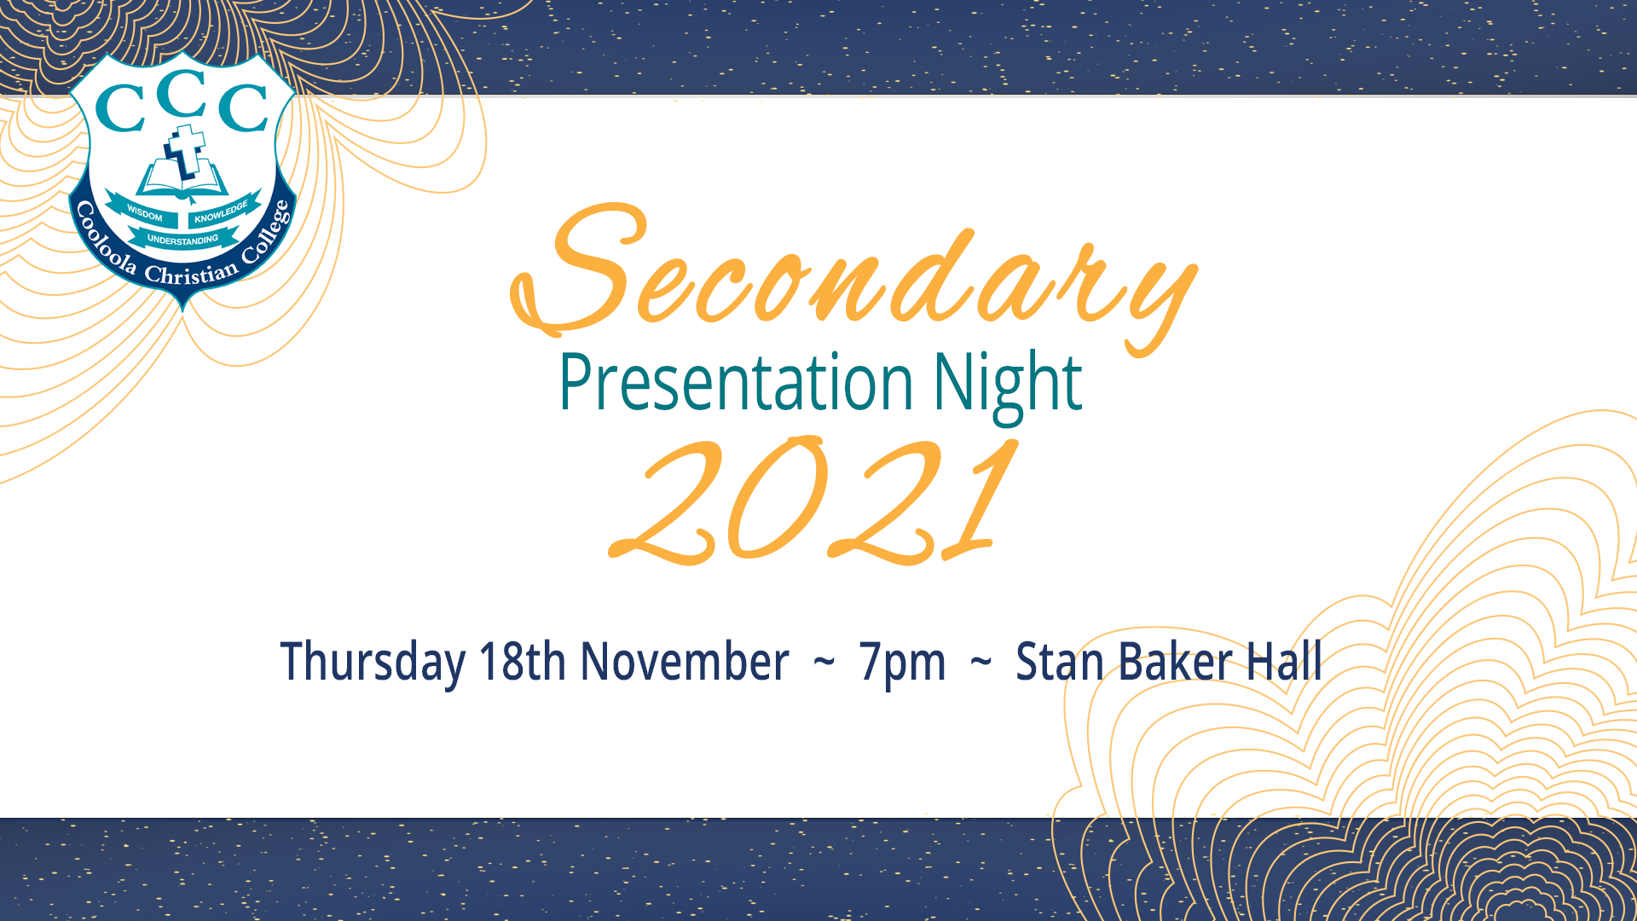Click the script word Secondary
(853, 277)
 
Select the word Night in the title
(1007, 385)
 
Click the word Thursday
(373, 663)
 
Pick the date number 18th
(523, 661)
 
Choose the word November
(685, 661)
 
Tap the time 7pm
(902, 663)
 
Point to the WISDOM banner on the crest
(143, 212)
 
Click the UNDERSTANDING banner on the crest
(182, 240)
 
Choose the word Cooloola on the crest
(104, 240)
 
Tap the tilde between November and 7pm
(824, 662)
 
